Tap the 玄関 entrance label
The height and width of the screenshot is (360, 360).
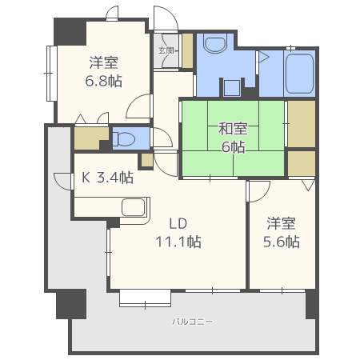tap(166, 50)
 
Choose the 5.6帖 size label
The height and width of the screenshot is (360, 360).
tap(282, 241)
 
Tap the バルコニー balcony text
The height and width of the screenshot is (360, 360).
tap(191, 322)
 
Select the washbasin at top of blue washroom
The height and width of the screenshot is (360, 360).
tap(216, 43)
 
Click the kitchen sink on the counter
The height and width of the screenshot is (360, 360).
tap(134, 207)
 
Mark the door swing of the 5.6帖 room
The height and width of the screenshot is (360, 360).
tap(258, 190)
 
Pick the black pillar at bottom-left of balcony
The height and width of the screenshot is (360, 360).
tap(70, 304)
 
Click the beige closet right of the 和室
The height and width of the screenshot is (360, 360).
tap(301, 124)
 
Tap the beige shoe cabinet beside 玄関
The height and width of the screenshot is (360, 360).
tap(187, 50)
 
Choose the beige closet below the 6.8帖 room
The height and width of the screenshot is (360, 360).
tap(90, 138)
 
